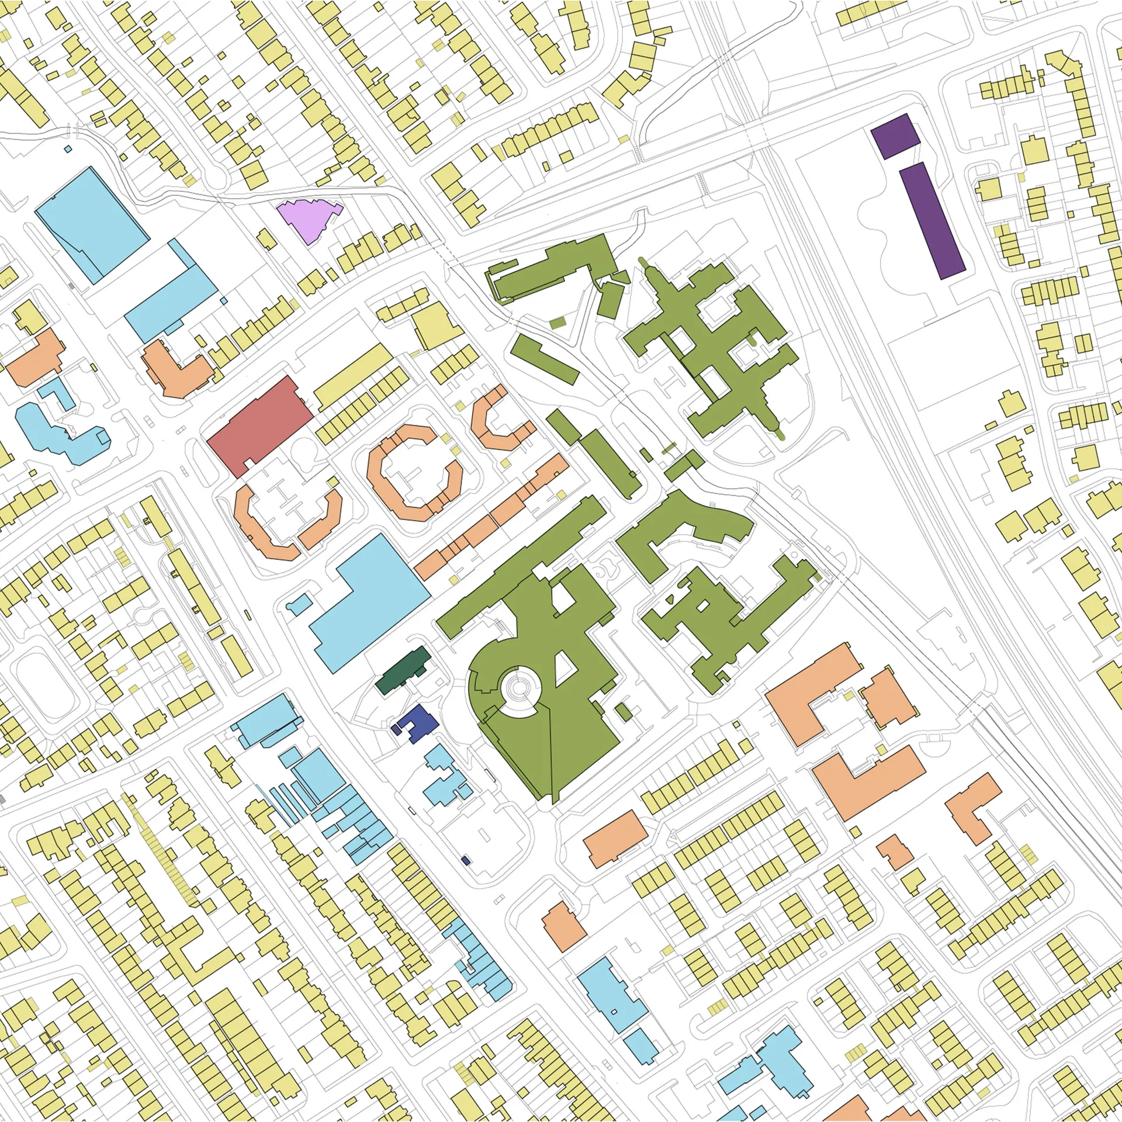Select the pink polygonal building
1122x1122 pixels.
click(307, 218)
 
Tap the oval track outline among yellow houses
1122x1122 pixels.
click(44, 687)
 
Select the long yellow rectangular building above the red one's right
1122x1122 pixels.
click(354, 377)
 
